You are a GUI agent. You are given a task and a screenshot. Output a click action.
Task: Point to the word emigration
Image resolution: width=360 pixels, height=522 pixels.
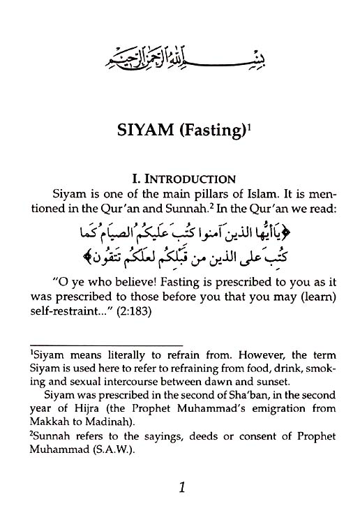[x=282, y=408]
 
